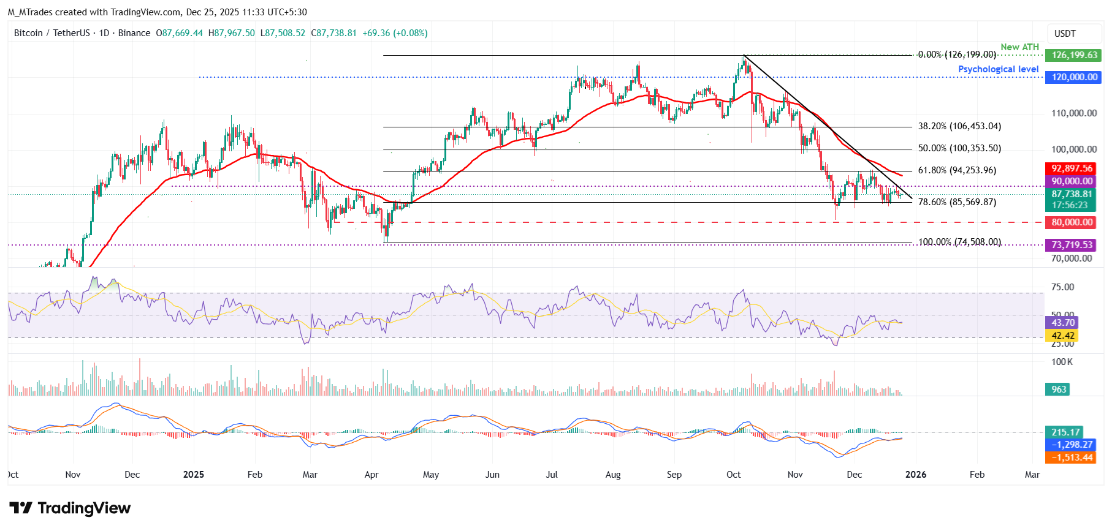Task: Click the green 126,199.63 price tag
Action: pos(1074,55)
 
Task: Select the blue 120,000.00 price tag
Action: pos(1074,77)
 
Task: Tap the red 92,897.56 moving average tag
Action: pos(1072,168)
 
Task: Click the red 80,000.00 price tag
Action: pos(1072,222)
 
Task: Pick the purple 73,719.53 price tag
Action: pos(1072,245)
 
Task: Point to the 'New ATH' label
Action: pos(1019,47)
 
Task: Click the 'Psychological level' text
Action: pos(998,69)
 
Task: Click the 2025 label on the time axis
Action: pos(194,475)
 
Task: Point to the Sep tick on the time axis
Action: pos(674,475)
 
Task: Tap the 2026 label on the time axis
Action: pos(916,475)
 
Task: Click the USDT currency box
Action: pos(1065,34)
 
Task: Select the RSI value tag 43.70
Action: pos(1063,323)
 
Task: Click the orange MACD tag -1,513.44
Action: pos(1072,458)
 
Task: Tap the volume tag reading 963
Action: pos(1059,390)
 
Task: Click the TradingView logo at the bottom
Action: pos(70,508)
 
